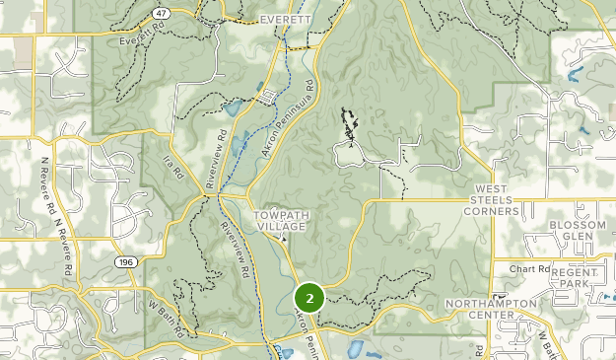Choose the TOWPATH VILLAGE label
click(x=281, y=220)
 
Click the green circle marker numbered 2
click(x=309, y=296)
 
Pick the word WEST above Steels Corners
click(x=496, y=188)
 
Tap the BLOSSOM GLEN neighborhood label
click(x=578, y=232)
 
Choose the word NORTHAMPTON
click(x=490, y=303)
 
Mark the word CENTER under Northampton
click(x=490, y=315)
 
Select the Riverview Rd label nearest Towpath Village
click(x=237, y=250)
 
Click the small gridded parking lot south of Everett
click(x=270, y=96)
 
